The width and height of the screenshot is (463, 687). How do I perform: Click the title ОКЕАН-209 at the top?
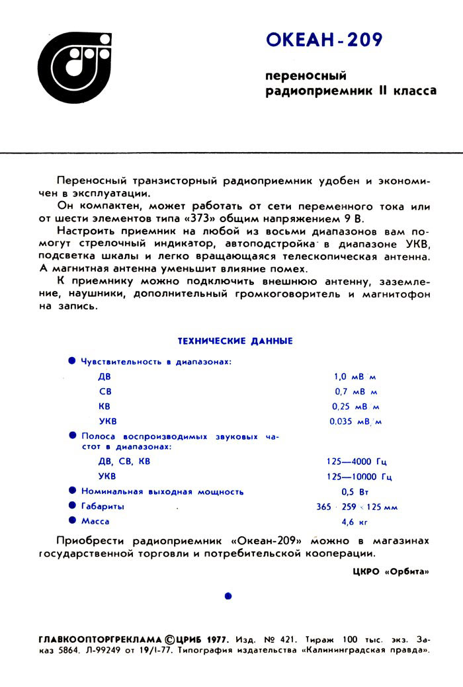click(x=324, y=41)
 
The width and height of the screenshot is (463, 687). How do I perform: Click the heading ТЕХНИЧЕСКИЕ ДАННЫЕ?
click(x=235, y=341)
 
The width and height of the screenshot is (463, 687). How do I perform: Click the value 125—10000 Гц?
click(x=360, y=476)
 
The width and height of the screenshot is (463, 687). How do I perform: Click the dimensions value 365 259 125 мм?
click(x=357, y=507)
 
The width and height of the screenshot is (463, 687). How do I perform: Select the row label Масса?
click(x=95, y=522)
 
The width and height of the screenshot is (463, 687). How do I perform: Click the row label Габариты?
click(x=103, y=506)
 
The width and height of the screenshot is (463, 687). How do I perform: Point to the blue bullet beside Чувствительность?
click(x=72, y=361)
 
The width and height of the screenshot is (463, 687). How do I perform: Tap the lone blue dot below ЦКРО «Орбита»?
click(x=228, y=596)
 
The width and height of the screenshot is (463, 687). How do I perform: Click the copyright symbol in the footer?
click(x=170, y=640)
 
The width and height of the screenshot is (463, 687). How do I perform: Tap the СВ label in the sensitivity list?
click(x=105, y=391)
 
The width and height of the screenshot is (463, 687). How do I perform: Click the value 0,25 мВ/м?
click(x=355, y=406)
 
